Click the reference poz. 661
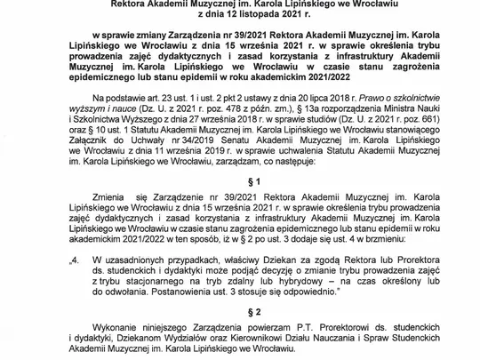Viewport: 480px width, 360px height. click(417, 126)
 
